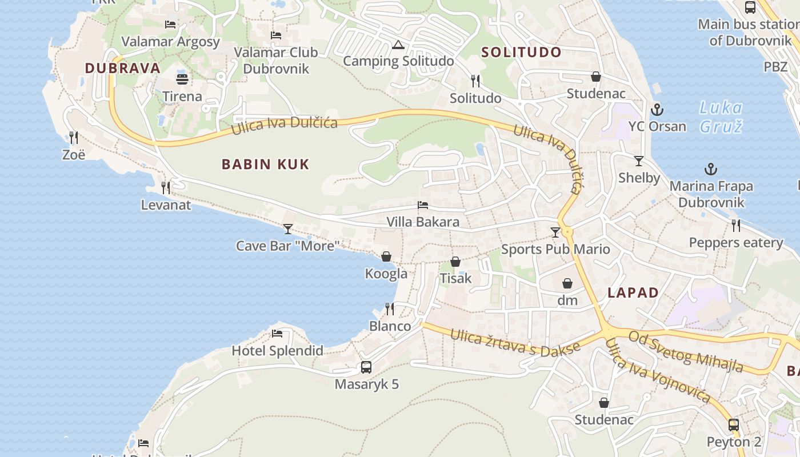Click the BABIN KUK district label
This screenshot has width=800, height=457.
[265, 165]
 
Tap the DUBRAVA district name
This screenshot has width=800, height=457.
[122, 68]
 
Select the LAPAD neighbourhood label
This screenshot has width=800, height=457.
[633, 293]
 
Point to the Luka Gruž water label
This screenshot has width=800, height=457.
[721, 117]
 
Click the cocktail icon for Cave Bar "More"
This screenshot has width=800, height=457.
[288, 229]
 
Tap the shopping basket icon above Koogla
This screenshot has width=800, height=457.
[386, 256]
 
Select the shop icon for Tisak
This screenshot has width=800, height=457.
[455, 262]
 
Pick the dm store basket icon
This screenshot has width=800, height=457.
[567, 283]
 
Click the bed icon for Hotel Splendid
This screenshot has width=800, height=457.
[277, 334]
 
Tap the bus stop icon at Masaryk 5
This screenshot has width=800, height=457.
[366, 367]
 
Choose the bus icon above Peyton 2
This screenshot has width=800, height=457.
[734, 425]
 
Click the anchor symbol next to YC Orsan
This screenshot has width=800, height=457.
[657, 109]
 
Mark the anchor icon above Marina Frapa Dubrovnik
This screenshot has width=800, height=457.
[711, 169]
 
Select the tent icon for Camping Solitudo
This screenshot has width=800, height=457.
[398, 45]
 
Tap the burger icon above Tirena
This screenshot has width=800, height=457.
[182, 79]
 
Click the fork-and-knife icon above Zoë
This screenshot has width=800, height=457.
[74, 137]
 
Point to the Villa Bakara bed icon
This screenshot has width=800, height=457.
[423, 205]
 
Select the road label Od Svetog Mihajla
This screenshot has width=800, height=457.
[686, 351]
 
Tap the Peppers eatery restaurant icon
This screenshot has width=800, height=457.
[736, 226]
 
